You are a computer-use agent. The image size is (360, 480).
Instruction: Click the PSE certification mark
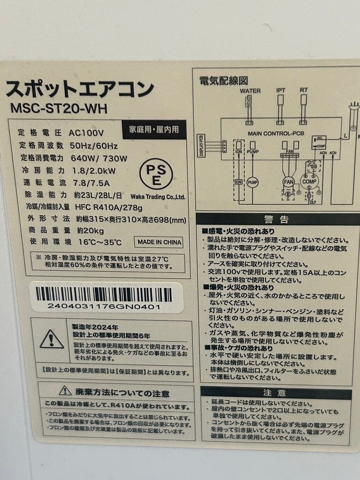coord(156,174)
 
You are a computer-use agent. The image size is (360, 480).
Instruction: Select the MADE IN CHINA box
coord(159,242)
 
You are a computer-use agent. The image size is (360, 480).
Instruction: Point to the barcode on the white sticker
coord(104,294)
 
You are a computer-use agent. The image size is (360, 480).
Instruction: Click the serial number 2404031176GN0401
coord(104,306)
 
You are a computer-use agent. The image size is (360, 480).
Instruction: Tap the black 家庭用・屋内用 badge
coord(154,130)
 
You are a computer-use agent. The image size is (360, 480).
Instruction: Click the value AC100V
coord(86,132)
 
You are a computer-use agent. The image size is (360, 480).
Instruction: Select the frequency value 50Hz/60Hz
coord(93,145)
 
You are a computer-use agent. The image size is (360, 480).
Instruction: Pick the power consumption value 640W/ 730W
coord(98,158)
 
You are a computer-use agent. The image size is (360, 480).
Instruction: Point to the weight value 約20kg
coord(90,230)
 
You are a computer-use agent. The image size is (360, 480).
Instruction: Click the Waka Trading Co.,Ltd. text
coord(158,196)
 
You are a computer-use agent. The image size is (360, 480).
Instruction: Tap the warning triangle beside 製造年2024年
coord(52,340)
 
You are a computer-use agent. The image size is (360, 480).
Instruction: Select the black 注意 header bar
coord(275,392)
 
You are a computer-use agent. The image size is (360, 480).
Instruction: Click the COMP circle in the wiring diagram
coord(309,181)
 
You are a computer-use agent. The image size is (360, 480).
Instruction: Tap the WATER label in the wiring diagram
coord(250,91)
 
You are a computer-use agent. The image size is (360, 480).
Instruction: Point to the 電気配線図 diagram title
coord(224,80)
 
